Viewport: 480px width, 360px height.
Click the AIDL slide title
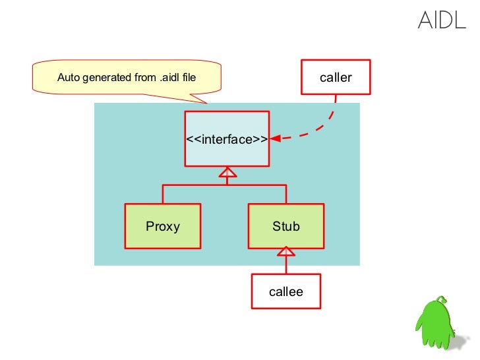(442, 20)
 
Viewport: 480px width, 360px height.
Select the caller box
(336, 77)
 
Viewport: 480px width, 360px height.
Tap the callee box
(286, 291)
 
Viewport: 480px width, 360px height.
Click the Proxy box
(163, 226)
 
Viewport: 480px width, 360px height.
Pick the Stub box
(286, 226)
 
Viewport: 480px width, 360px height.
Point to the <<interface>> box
(227, 138)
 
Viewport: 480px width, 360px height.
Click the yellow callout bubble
(127, 77)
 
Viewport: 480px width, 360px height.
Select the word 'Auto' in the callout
(69, 77)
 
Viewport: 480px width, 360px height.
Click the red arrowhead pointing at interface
(276, 138)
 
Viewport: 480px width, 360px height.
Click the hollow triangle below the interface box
(227, 172)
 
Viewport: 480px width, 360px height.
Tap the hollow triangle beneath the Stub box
(286, 251)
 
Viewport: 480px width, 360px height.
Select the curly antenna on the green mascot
(441, 299)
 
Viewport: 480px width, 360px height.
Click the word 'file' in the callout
(189, 77)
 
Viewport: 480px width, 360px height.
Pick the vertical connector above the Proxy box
(163, 194)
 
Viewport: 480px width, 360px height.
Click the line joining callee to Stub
(286, 265)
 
